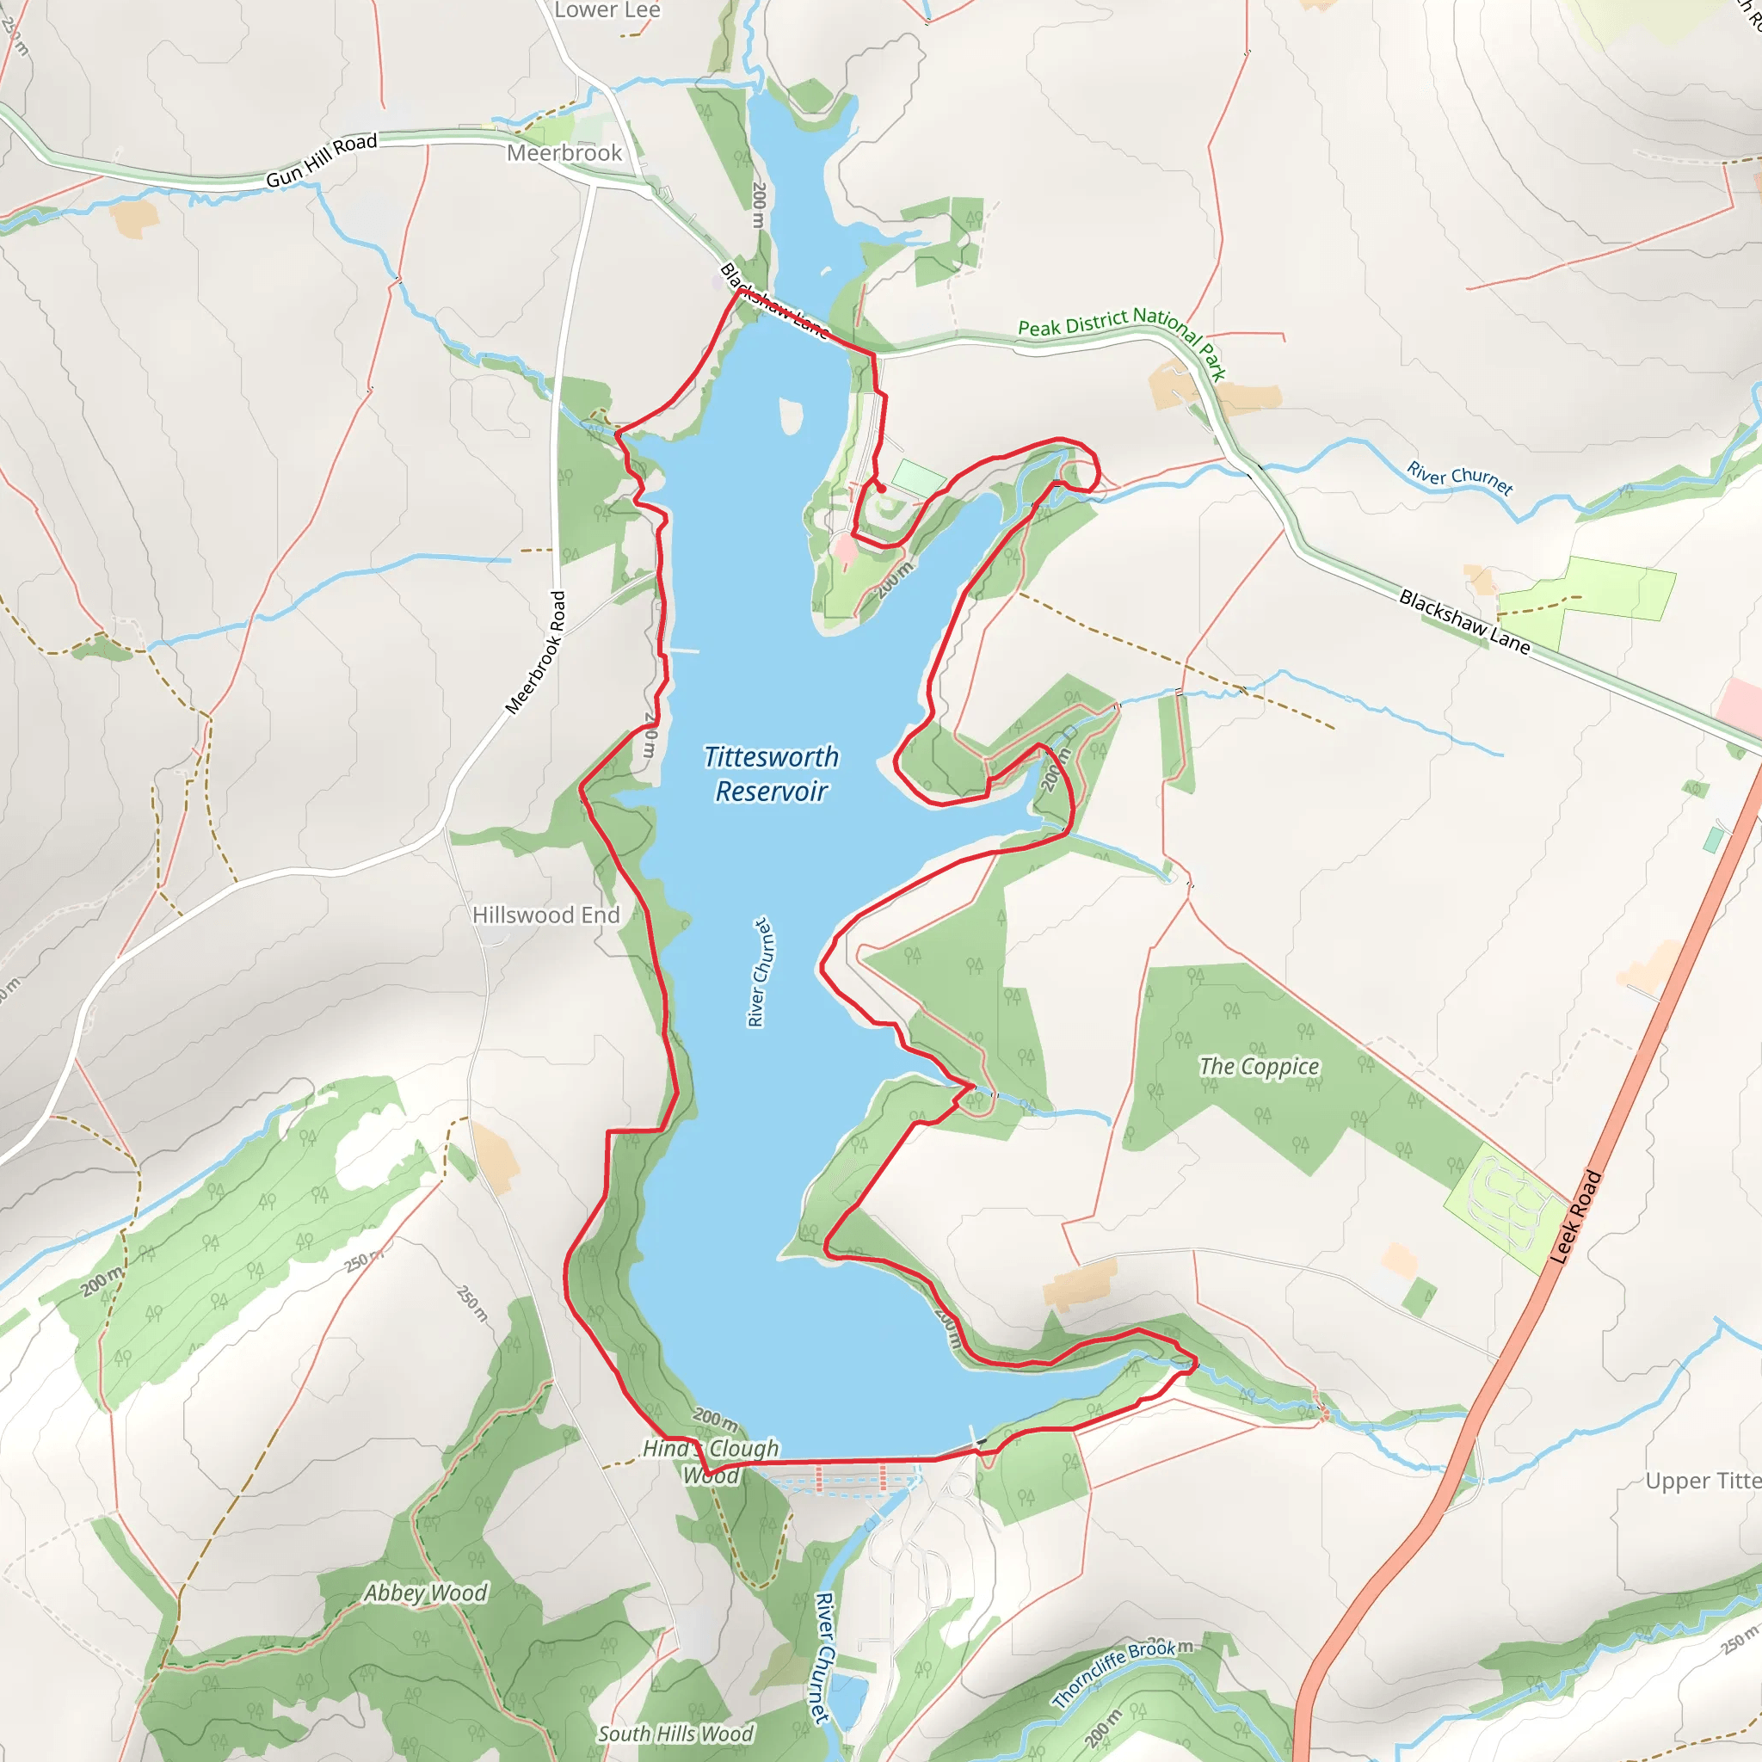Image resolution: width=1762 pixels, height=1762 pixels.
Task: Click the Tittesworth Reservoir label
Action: [x=772, y=773]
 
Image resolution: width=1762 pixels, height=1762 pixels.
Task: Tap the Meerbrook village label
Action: [x=564, y=152]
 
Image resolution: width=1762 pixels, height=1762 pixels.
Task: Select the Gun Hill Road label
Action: [x=321, y=161]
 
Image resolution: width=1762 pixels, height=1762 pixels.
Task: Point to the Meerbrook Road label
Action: [x=535, y=652]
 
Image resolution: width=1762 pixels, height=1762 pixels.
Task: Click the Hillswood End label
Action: [x=545, y=915]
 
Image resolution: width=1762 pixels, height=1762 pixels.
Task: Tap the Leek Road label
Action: [x=1576, y=1217]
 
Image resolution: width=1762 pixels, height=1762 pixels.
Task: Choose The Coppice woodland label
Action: [x=1259, y=1066]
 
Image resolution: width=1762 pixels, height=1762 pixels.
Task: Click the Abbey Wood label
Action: [x=426, y=1593]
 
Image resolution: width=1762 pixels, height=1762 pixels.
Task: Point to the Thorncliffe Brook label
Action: [x=1113, y=1673]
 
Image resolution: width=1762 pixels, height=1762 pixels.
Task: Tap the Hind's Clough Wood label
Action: [x=712, y=1461]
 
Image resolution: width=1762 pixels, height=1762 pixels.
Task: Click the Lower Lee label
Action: [x=607, y=10]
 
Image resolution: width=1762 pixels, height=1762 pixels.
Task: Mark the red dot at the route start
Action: [x=882, y=489]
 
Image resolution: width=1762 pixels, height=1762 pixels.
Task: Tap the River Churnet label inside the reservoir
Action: [x=759, y=972]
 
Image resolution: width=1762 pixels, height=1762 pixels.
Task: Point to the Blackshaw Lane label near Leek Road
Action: [x=1463, y=622]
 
